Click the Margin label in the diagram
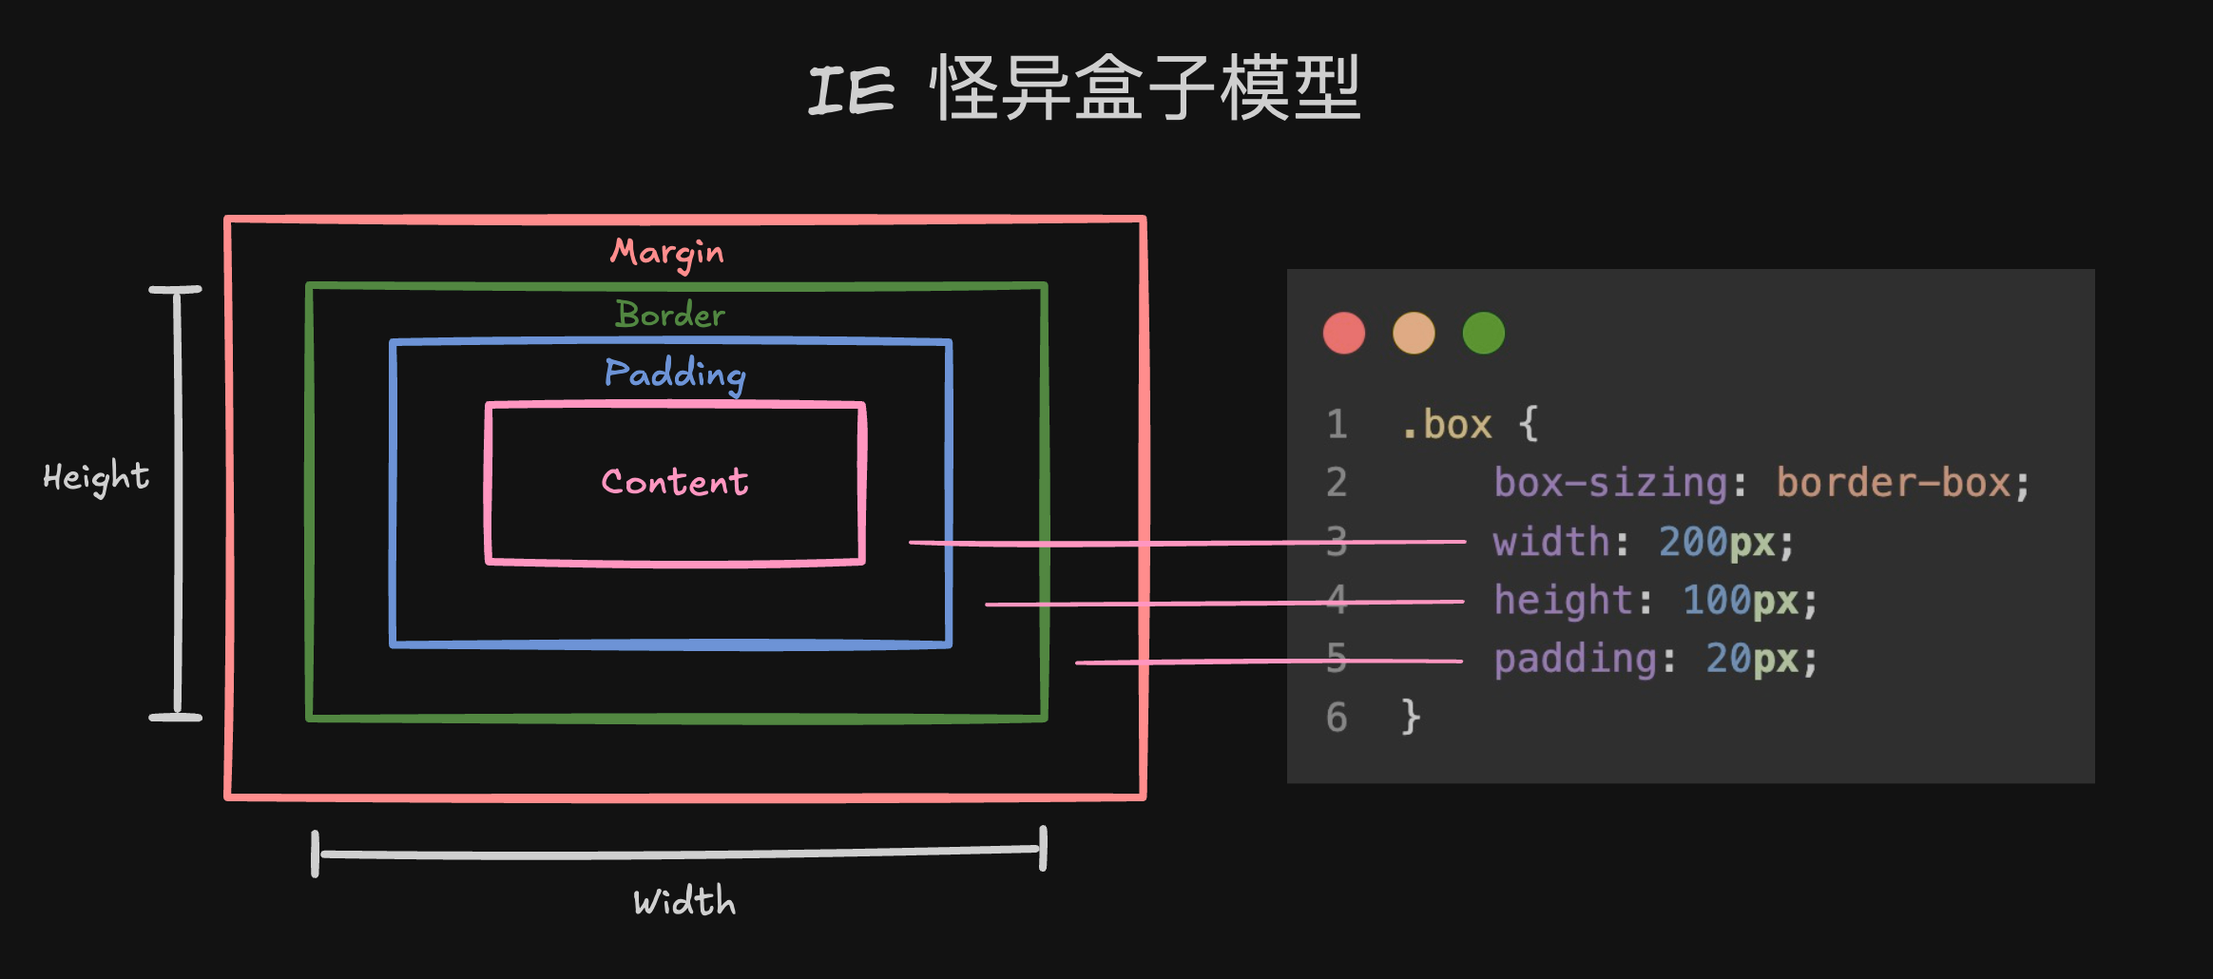pos(666,253)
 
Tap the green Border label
pos(670,315)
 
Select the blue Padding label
pos(675,374)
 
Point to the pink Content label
pos(675,482)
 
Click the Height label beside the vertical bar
pos(96,476)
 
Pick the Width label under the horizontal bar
pos(684,901)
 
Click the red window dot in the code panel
pos(1344,333)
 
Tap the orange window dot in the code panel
pos(1414,333)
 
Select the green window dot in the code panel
pos(1483,333)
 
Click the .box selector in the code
pos(1447,425)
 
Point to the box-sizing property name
pos(1610,483)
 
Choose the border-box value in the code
pos(1894,483)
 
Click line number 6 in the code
pos(1337,717)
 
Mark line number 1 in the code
pos(1337,425)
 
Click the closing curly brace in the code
pos(1411,717)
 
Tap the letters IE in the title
pos(851,91)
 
